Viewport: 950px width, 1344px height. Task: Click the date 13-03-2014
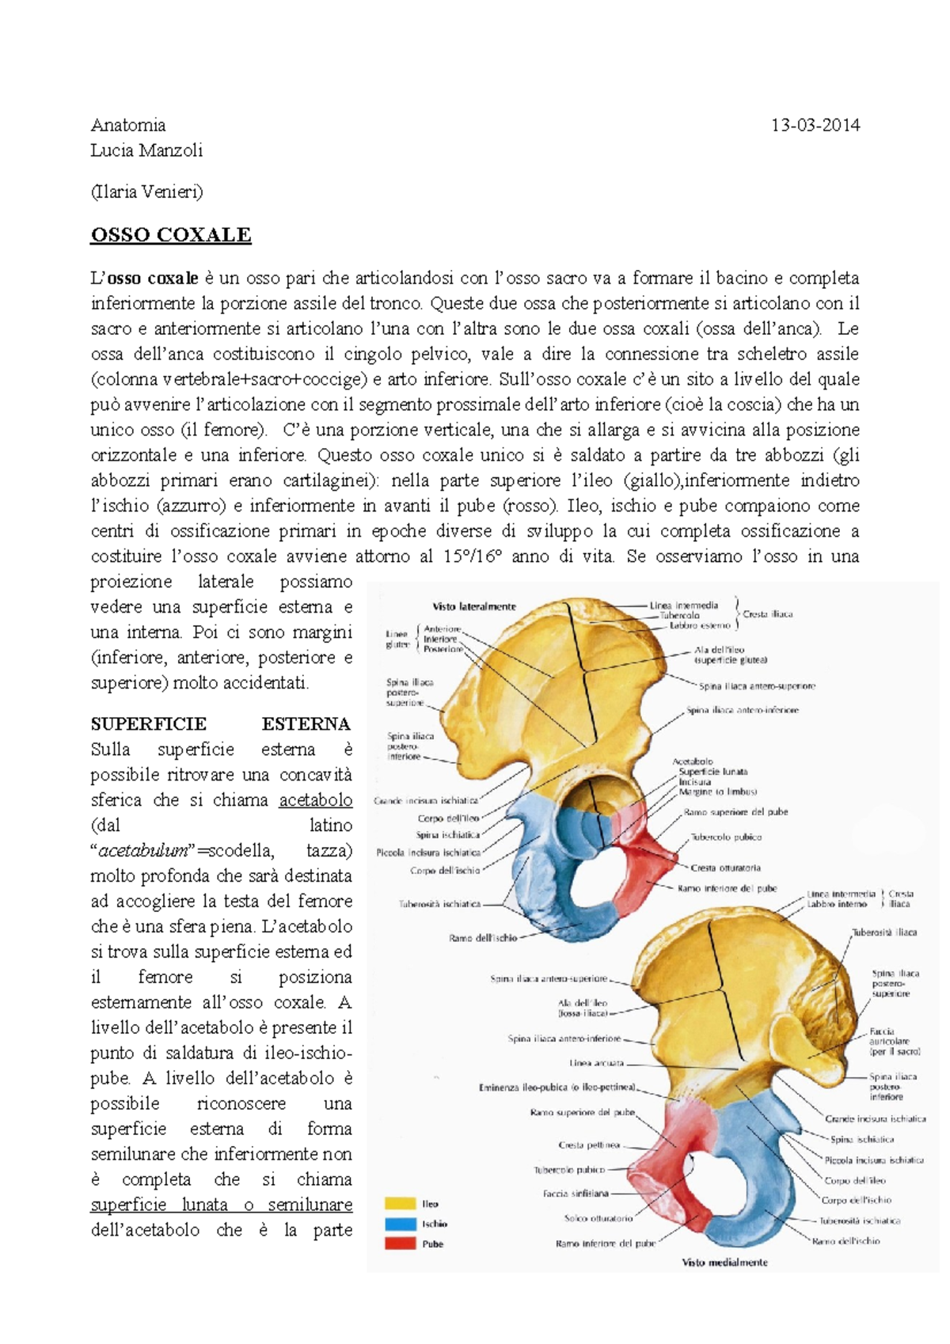pyautogui.click(x=815, y=125)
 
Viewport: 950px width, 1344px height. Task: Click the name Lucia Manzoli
pyautogui.click(x=146, y=150)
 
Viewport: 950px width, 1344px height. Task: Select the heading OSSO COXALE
pyautogui.click(x=171, y=235)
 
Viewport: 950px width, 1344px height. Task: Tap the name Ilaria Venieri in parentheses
pyautogui.click(x=146, y=192)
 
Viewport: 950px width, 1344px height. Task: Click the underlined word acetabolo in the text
pyautogui.click(x=315, y=800)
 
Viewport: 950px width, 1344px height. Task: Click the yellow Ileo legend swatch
pyautogui.click(x=400, y=1204)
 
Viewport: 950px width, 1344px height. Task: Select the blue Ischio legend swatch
pyautogui.click(x=400, y=1224)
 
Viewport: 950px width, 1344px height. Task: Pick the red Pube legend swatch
pyautogui.click(x=400, y=1243)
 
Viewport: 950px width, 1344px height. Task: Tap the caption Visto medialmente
pyautogui.click(x=724, y=1262)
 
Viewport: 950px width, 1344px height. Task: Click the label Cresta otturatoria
pyautogui.click(x=726, y=868)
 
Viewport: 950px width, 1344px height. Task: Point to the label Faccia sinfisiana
pyautogui.click(x=576, y=1194)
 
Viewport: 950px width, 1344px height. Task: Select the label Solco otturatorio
pyautogui.click(x=598, y=1219)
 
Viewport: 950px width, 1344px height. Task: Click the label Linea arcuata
pyautogui.click(x=597, y=1063)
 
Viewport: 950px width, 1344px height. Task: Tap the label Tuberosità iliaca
pyautogui.click(x=884, y=932)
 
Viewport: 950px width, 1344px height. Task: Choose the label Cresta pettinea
pyautogui.click(x=589, y=1145)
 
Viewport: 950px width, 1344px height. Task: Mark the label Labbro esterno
pyautogui.click(x=700, y=625)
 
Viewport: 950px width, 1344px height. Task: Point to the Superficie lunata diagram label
pyautogui.click(x=712, y=772)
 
